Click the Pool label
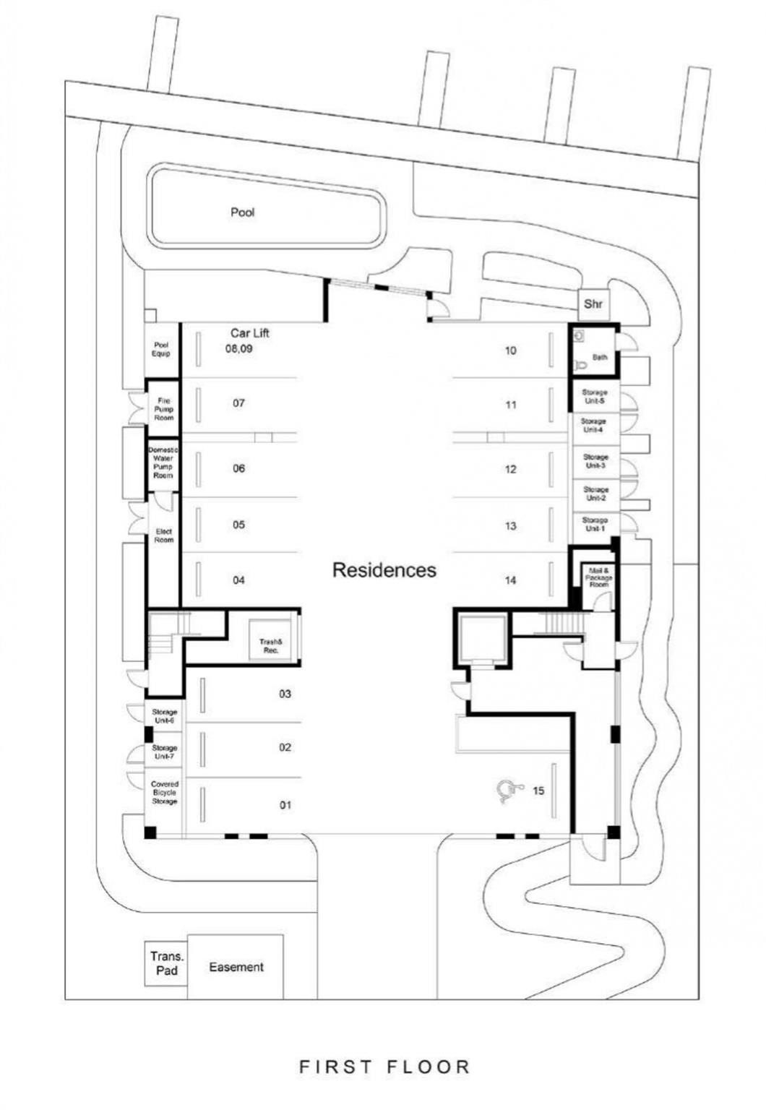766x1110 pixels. click(242, 212)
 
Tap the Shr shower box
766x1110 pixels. click(593, 304)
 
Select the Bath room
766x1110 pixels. click(598, 357)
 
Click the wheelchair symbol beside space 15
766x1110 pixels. click(509, 791)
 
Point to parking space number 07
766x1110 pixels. click(238, 403)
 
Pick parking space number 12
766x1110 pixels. click(510, 470)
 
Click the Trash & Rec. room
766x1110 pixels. click(270, 645)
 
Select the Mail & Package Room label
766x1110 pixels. click(599, 577)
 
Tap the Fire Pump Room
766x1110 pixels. click(163, 409)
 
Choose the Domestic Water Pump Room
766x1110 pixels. click(163, 462)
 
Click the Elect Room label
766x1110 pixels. click(163, 535)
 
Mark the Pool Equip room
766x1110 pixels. click(161, 350)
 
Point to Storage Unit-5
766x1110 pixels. click(593, 397)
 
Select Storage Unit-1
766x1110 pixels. click(595, 524)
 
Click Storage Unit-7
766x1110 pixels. click(164, 752)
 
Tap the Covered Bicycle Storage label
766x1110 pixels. click(164, 793)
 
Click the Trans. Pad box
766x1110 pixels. click(166, 963)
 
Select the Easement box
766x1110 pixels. click(236, 967)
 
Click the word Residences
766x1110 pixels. click(384, 570)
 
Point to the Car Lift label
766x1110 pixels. click(249, 333)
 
